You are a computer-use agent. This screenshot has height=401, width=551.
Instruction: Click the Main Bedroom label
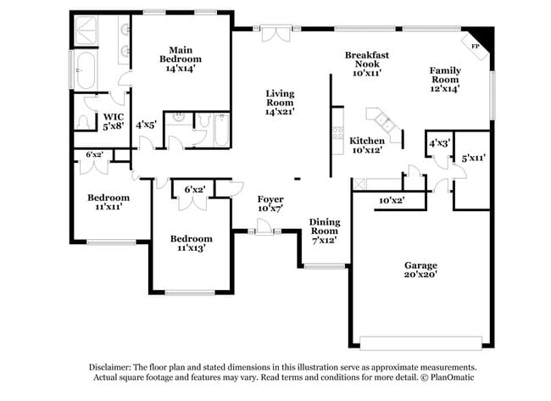coord(181,59)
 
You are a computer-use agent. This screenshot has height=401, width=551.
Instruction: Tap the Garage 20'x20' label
coord(420,270)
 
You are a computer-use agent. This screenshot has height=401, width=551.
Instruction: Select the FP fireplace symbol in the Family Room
coord(475,47)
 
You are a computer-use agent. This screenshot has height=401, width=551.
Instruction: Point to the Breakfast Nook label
coord(367,64)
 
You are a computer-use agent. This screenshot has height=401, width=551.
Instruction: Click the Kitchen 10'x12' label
coord(367,145)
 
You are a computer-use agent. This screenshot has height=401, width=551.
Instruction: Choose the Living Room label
coord(280,103)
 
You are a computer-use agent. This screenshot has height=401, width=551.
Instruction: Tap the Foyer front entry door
coord(264,227)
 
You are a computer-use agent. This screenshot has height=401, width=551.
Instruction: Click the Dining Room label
coord(325,231)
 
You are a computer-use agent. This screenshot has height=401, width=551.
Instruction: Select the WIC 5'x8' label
coord(113,121)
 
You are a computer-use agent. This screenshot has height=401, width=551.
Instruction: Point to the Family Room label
coord(445,80)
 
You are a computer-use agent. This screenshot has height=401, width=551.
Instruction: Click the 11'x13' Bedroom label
coord(192,243)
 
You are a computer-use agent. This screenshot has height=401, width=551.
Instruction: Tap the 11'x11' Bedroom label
coord(109,202)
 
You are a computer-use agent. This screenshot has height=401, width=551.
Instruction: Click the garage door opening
coord(420,343)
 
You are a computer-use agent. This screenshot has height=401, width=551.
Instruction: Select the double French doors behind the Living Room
coord(276,33)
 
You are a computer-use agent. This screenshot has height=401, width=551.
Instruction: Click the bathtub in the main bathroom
coord(86,70)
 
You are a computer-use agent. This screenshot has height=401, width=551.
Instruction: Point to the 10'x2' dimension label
coord(392,201)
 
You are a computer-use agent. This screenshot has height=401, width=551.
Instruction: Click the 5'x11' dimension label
coord(473,159)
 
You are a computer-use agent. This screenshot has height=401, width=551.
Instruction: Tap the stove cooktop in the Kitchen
coord(337,133)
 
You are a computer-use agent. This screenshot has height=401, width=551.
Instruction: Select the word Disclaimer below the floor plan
coord(110,367)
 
